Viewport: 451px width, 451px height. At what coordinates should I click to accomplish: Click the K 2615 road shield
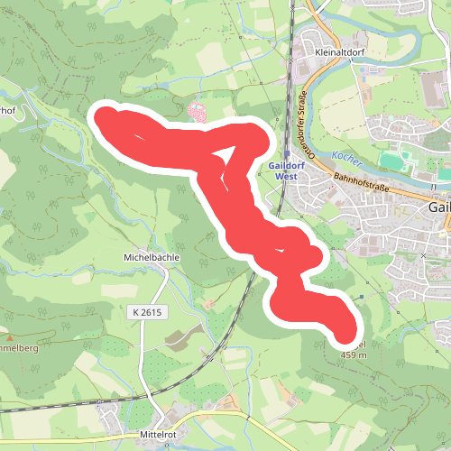pos(147,311)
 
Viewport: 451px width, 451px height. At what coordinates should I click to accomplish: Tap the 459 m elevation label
pos(354,355)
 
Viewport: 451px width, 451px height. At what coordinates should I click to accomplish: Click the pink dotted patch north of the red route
pos(198,112)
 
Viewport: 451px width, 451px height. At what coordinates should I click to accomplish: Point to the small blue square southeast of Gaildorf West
pos(363,296)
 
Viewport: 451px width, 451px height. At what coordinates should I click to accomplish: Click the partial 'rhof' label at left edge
pos(8,112)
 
